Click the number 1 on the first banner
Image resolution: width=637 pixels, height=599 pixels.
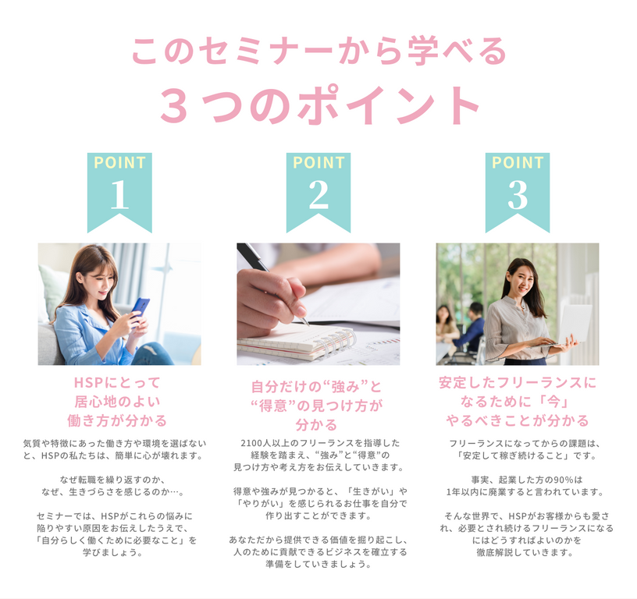pyautogui.click(x=119, y=194)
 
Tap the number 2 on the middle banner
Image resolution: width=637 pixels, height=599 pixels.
pyautogui.click(x=318, y=194)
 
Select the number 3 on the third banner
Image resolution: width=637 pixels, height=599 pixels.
pyautogui.click(x=517, y=194)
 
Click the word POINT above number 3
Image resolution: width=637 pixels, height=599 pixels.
pyautogui.click(x=518, y=163)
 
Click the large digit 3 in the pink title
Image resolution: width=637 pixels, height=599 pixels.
pyautogui.click(x=175, y=105)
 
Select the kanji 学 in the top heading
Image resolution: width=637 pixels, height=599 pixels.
pyautogui.click(x=423, y=51)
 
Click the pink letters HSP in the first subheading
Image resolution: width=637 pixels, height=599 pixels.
pyautogui.click(x=88, y=382)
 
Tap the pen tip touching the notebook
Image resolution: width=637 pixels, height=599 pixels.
pyautogui.click(x=307, y=324)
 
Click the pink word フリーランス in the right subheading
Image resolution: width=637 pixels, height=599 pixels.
pyautogui.click(x=536, y=382)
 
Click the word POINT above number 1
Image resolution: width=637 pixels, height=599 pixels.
pyautogui.click(x=120, y=163)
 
